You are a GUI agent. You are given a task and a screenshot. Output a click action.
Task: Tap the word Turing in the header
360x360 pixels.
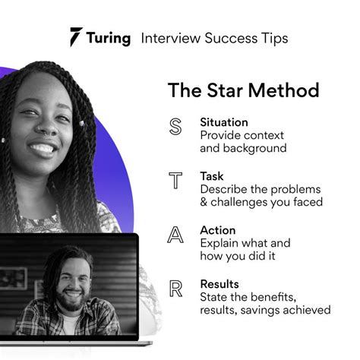(x=109, y=38)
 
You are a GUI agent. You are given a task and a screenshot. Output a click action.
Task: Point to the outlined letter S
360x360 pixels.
(x=175, y=127)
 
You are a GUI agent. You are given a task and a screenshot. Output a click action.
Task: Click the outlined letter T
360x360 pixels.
(x=175, y=181)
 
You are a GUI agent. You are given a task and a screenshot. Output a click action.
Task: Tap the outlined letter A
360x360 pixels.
(x=175, y=235)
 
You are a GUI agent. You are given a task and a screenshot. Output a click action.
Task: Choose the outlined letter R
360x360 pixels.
(x=175, y=289)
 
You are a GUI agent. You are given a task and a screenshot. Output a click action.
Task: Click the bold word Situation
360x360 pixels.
(x=225, y=122)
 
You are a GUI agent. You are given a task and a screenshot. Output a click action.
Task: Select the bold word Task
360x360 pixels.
(x=212, y=175)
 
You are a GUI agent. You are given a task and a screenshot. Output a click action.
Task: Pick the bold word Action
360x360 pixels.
(x=218, y=229)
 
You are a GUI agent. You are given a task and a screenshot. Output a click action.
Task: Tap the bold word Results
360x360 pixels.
(x=219, y=283)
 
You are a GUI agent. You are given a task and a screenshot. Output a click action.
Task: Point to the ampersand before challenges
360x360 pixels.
(x=204, y=202)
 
